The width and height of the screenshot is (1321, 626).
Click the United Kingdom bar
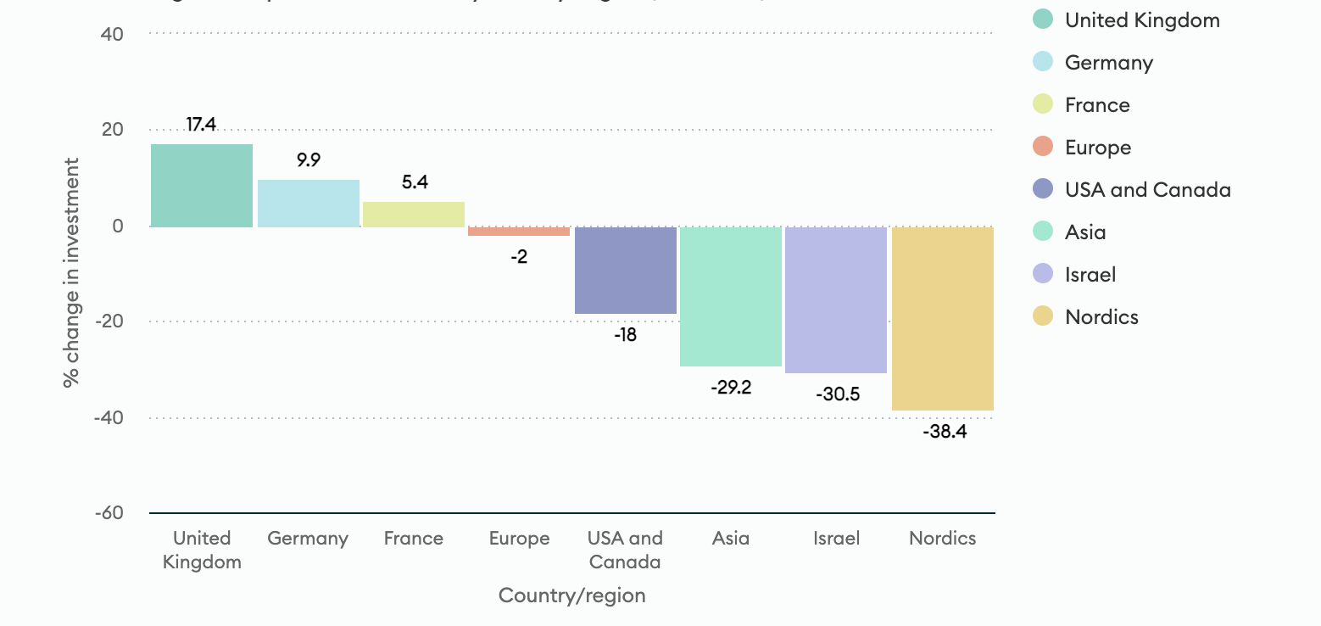(x=202, y=186)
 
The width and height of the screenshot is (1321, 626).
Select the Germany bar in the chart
(x=309, y=204)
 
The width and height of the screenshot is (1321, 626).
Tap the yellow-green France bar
(x=414, y=215)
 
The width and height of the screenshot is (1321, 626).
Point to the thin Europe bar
(x=519, y=232)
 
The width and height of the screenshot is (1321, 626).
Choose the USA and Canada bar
(x=626, y=271)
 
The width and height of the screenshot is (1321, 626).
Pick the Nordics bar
(x=943, y=319)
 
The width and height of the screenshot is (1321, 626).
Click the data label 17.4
(x=202, y=125)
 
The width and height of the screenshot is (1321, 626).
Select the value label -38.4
(x=943, y=432)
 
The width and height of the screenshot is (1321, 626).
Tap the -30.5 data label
(x=837, y=394)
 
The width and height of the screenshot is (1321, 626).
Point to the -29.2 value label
(x=731, y=388)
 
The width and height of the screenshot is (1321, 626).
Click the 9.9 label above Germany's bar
(x=309, y=159)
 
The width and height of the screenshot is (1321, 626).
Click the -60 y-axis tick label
(x=108, y=513)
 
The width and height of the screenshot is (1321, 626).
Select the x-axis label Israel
(x=837, y=539)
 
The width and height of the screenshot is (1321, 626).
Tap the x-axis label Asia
(x=731, y=539)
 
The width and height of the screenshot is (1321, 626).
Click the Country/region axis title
(x=572, y=595)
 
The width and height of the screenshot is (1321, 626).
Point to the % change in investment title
(x=72, y=272)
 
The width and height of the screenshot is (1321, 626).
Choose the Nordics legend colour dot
(x=1044, y=316)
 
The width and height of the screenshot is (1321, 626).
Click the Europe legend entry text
(x=1098, y=148)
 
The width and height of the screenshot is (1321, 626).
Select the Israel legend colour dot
(x=1044, y=274)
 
